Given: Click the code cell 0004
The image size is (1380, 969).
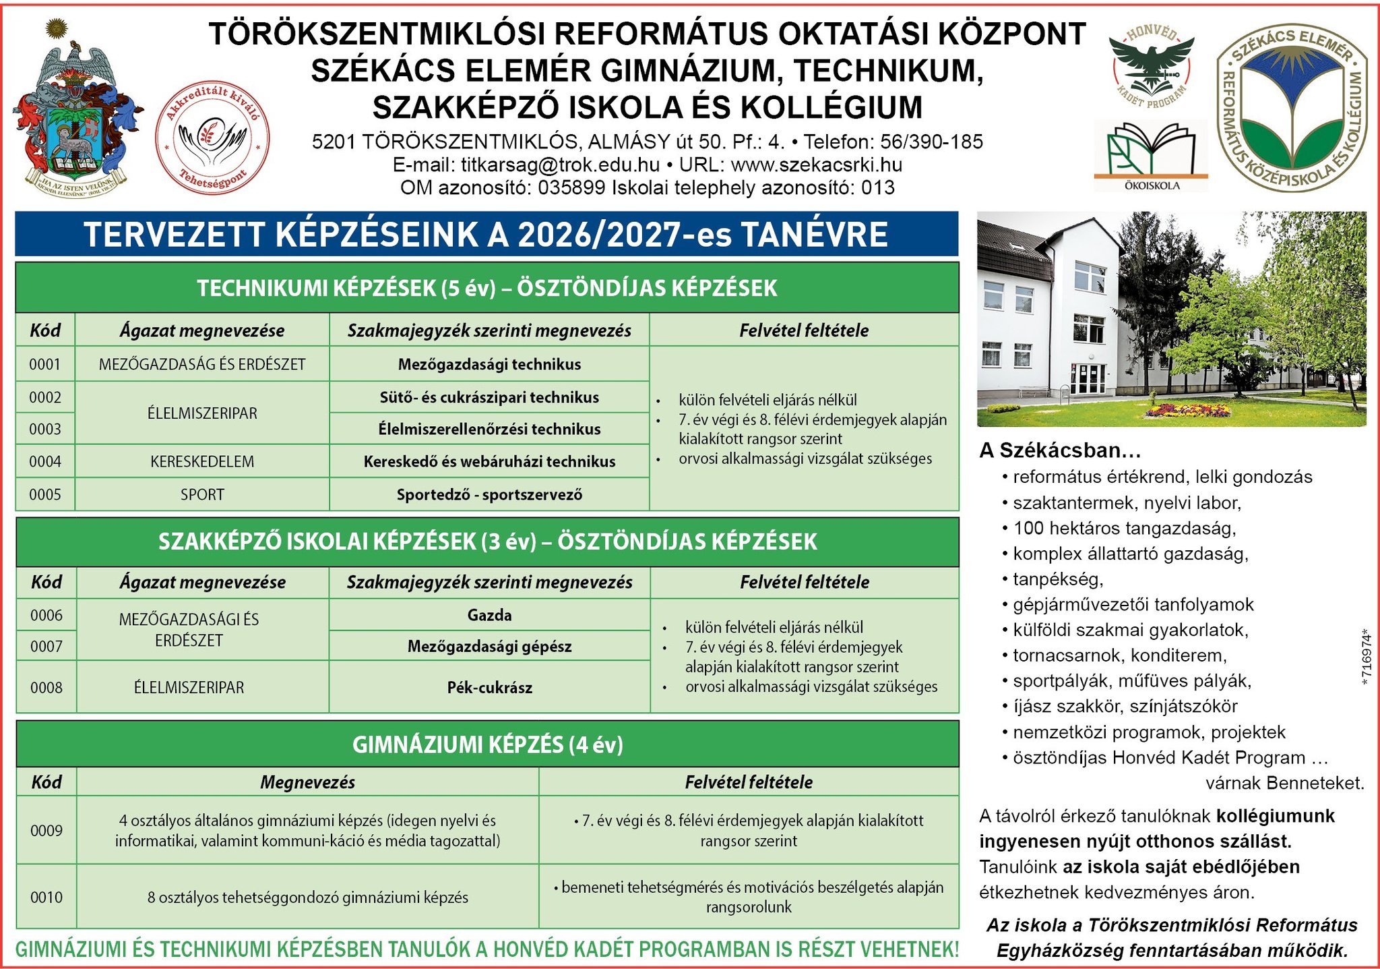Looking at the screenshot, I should tap(45, 462).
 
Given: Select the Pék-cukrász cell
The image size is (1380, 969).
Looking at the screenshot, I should tap(489, 688).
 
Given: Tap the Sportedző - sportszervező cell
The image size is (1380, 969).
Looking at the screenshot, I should tap(489, 495).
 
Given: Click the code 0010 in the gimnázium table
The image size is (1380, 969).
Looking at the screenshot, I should tap(46, 898).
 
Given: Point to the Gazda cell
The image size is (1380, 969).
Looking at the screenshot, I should tap(489, 616).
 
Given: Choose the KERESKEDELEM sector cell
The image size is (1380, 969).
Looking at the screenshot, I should tap(202, 462).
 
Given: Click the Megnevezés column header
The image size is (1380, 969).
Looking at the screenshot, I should tap(307, 782).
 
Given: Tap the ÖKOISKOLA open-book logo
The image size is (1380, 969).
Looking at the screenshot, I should tap(1151, 155).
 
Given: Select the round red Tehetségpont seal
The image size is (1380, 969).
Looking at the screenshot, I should tap(212, 137).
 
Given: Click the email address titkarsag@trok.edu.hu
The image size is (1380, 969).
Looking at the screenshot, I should tap(560, 165).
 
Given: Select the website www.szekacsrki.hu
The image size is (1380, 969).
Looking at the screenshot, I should tap(816, 165).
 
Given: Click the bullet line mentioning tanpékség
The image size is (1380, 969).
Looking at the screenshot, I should tap(1058, 579).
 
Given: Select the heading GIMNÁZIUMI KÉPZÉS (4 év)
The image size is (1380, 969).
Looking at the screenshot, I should tap(487, 745).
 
